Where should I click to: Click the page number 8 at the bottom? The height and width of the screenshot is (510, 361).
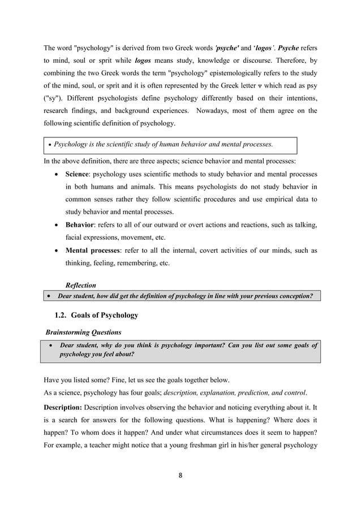tap(180, 476)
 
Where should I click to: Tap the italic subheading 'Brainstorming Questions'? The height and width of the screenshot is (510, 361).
tap(83, 332)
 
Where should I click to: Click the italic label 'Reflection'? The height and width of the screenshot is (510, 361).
tap(81, 286)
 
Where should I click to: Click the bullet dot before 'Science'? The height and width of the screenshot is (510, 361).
tap(55, 174)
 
